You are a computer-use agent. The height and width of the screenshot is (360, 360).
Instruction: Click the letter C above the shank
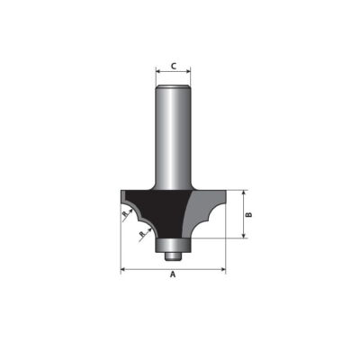pyautogui.click(x=174, y=66)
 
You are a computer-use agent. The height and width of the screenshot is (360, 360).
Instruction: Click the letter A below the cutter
pyautogui.click(x=173, y=274)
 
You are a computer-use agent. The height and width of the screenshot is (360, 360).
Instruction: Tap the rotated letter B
pyautogui.click(x=248, y=214)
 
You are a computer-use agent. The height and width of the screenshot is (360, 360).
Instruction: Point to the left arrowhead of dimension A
pyautogui.click(x=122, y=269)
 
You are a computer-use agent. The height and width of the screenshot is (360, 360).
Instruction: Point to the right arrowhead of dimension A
pyautogui.click(x=223, y=269)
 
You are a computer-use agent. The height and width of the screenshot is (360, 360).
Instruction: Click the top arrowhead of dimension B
pyautogui.click(x=244, y=193)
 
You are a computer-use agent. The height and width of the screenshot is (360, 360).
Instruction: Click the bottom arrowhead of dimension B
pyautogui.click(x=244, y=236)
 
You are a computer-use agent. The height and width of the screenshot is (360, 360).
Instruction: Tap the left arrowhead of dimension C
pyautogui.click(x=158, y=71)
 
